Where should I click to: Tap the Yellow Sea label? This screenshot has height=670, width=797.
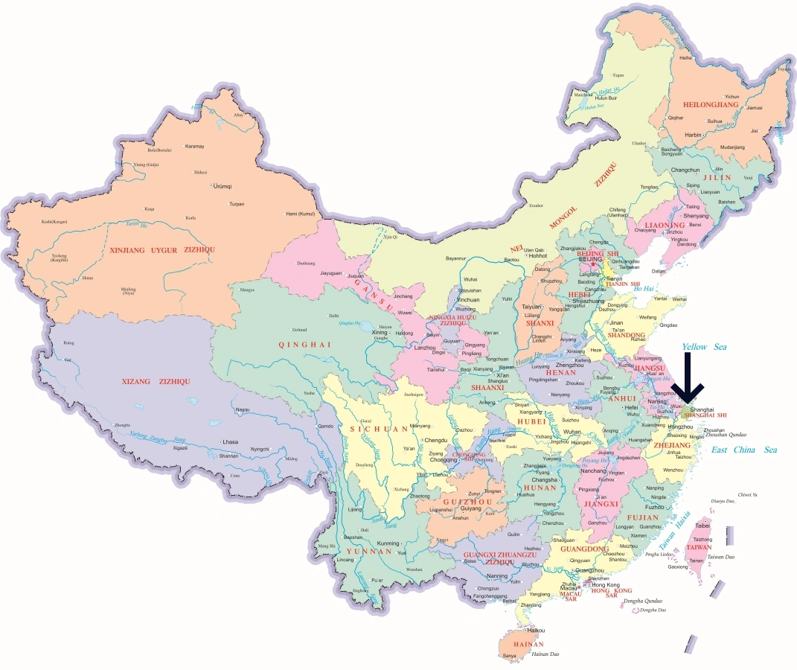704,347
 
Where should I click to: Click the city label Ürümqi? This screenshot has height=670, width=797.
223,185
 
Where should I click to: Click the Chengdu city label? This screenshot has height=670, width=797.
436,440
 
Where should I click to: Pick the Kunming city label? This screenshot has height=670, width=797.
388,543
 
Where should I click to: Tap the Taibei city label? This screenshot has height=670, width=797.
702,526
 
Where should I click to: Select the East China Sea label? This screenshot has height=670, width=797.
743,450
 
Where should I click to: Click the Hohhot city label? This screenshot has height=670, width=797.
537,255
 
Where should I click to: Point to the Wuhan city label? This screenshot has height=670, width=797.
572,432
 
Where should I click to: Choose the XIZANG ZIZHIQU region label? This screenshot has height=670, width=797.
156,381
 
